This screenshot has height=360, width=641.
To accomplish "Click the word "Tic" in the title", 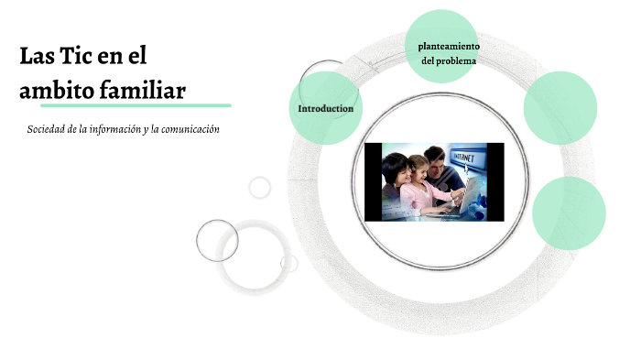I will [77, 56].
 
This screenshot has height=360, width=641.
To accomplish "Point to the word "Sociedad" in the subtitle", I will [51, 129].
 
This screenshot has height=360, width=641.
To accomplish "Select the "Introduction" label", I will [325, 109].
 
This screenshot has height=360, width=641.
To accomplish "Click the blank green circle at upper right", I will [560, 107].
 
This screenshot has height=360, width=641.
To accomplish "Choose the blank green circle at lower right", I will [569, 213].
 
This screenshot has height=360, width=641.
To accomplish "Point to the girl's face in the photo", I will [419, 169].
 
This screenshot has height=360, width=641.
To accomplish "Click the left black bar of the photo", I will [372, 181].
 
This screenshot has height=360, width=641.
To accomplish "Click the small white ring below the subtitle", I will [260, 188].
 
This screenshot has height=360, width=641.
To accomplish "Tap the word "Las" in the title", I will [36, 56].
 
